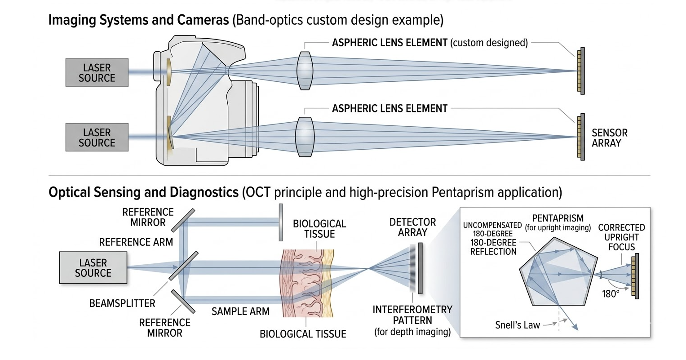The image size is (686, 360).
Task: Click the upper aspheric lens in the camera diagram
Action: [x=305, y=68]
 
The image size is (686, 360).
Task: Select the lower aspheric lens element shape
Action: [x=304, y=137]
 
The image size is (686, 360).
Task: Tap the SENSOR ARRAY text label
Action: [x=609, y=138]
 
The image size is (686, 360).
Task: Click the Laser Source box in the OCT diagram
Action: [x=93, y=268]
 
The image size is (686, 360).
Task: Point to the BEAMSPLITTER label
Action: [x=122, y=303]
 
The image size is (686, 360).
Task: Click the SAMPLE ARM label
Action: [x=240, y=311]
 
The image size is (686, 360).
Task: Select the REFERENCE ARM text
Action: [x=136, y=242]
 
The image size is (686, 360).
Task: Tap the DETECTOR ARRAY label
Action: [x=412, y=227]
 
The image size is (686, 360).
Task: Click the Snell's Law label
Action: [x=517, y=325]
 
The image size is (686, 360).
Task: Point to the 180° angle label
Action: [x=611, y=294]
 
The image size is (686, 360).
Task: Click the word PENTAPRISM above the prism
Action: [x=558, y=218]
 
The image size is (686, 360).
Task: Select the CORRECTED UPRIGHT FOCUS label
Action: [x=621, y=237]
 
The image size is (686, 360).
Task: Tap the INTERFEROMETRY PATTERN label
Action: [x=412, y=315]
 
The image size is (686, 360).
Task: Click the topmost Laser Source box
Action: [x=97, y=73]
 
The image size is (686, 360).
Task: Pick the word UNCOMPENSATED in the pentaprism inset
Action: [x=492, y=225]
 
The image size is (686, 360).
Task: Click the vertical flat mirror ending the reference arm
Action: [x=281, y=222]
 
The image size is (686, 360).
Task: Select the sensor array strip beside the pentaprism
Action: [x=635, y=276]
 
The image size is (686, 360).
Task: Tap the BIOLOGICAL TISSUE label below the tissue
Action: [x=303, y=334]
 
